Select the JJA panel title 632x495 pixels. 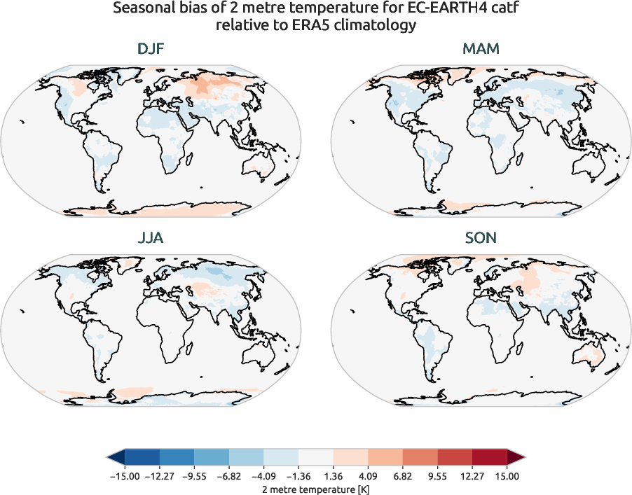151,238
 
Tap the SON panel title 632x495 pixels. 481,238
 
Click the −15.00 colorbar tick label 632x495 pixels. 123,476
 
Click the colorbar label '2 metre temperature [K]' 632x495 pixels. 315,487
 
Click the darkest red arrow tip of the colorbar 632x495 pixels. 516,458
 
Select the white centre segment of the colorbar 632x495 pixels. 315,458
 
